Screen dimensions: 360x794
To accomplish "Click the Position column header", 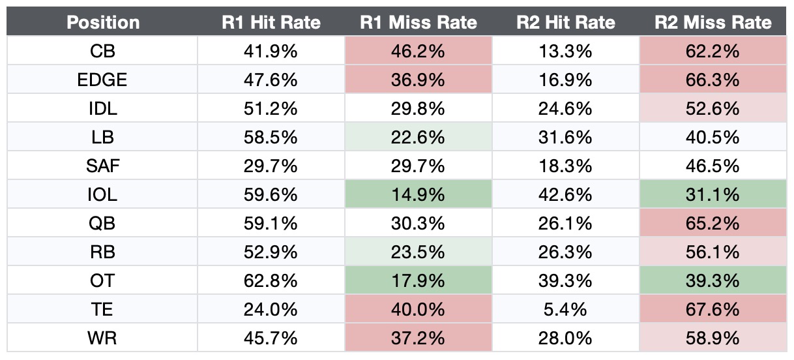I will pyautogui.click(x=103, y=23).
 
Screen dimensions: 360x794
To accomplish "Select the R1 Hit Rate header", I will pyautogui.click(x=271, y=23).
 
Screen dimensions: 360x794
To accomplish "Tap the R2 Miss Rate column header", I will pyautogui.click(x=713, y=23).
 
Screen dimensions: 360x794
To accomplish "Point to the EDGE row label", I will pyautogui.click(x=103, y=80).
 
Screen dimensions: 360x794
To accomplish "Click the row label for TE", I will pyautogui.click(x=103, y=309).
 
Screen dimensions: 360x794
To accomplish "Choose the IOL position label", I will pyautogui.click(x=103, y=194).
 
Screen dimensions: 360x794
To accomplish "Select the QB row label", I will pyautogui.click(x=103, y=223).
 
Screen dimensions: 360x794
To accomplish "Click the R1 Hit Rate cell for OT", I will pyautogui.click(x=271, y=280).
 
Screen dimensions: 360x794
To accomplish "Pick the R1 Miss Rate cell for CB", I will pyautogui.click(x=418, y=51).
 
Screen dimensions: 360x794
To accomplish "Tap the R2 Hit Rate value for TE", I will pyautogui.click(x=565, y=309).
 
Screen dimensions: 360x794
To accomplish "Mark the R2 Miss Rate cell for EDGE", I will pyautogui.click(x=713, y=80).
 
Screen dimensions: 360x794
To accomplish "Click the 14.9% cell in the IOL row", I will pyautogui.click(x=418, y=194).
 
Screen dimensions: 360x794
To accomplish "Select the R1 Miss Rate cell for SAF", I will pyautogui.click(x=418, y=166).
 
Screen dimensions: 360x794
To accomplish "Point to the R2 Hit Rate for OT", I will pyautogui.click(x=565, y=280).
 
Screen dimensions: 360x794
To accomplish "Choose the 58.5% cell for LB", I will pyautogui.click(x=271, y=137).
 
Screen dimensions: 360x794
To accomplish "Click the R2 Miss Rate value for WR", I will pyautogui.click(x=713, y=338).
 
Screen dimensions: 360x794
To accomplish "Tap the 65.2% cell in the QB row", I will pyautogui.click(x=713, y=223).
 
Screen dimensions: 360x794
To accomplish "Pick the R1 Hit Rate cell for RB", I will pyautogui.click(x=271, y=252).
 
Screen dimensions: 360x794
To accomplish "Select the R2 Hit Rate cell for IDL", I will pyautogui.click(x=565, y=108).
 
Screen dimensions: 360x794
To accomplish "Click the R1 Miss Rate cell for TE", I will pyautogui.click(x=418, y=309).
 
